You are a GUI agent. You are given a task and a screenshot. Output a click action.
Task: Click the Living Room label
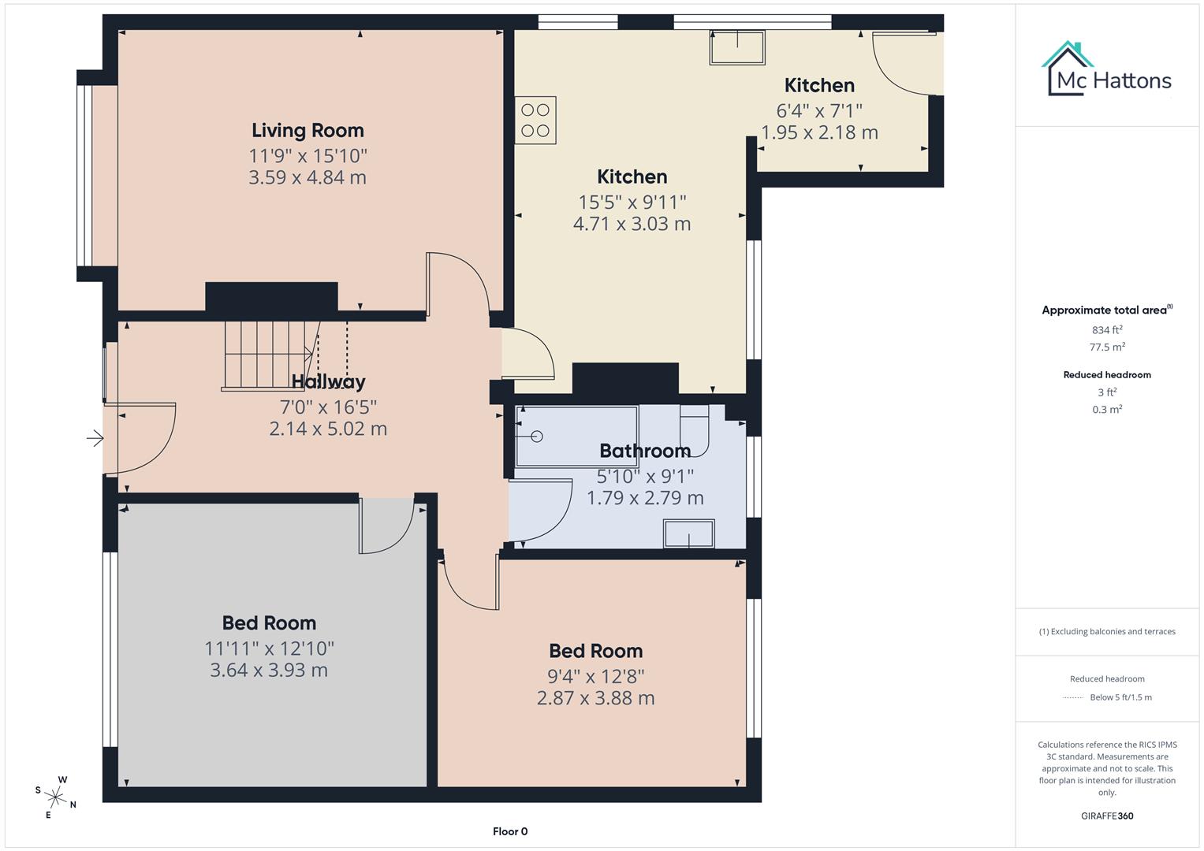coord(308,130)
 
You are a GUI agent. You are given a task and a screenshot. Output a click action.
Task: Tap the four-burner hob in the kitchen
coord(535,121)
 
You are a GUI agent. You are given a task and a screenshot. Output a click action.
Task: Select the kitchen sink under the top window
coord(737,48)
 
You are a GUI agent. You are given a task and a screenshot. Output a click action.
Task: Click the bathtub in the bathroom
coord(576,435)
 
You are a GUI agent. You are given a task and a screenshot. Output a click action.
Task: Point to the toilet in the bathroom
coord(695,430)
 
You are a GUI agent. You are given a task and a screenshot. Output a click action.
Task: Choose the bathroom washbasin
coord(689,533)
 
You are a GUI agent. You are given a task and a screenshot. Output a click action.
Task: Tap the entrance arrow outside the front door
coord(95,438)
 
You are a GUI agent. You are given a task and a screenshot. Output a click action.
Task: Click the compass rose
coord(55,797)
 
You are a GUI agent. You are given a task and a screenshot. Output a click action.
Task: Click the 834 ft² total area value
coord(1107,330)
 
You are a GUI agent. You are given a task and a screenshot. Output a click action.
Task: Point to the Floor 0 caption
coord(510,831)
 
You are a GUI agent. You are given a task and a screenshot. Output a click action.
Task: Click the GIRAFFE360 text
coord(1107,816)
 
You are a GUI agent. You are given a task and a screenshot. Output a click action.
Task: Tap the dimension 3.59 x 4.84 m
coord(308,177)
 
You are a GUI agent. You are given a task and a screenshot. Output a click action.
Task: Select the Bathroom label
coord(645,451)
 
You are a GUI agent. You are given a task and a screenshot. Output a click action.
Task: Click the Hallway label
coord(328,382)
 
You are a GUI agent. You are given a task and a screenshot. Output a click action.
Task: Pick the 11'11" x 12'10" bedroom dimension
coord(269,648)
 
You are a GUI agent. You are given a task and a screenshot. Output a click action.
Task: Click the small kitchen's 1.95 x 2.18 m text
coord(819,132)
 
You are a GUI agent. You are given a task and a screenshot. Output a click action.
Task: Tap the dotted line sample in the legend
coord(1073,697)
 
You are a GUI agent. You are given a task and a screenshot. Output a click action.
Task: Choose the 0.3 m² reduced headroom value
coord(1107,409)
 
